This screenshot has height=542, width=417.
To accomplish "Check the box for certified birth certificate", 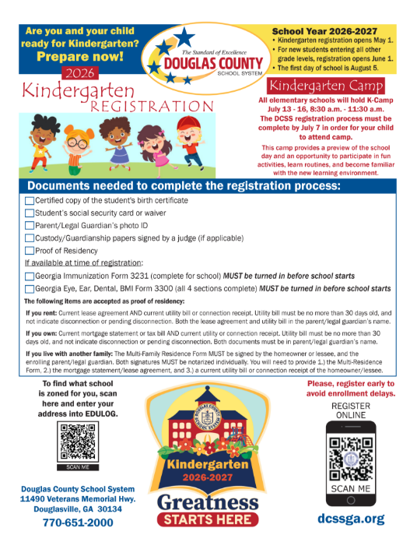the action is tap(30, 201).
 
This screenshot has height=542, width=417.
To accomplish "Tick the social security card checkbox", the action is tap(30, 213).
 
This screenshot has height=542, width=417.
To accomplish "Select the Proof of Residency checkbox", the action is tap(30, 250).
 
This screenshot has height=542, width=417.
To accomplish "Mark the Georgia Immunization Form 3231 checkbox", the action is tap(30, 276).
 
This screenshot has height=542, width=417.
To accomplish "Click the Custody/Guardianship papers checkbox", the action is tap(30, 238).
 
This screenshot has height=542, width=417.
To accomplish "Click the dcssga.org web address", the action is tap(350, 518).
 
